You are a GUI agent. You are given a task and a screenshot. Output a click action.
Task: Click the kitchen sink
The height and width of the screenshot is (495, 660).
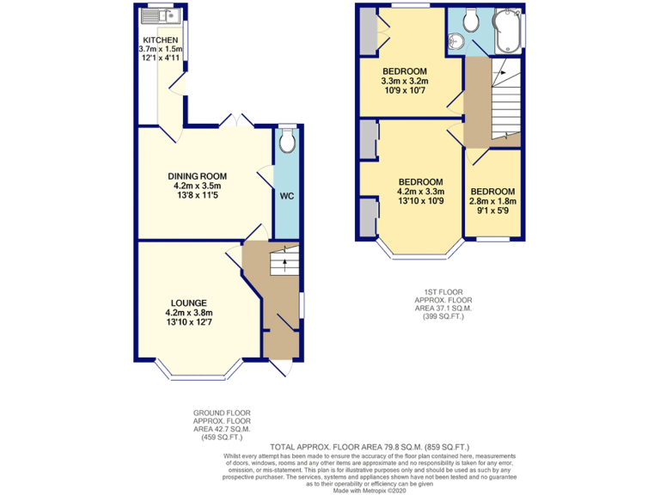160,15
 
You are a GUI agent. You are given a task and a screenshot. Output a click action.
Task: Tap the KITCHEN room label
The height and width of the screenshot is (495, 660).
161,40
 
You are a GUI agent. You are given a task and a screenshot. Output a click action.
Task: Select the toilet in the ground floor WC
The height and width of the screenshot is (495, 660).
286,139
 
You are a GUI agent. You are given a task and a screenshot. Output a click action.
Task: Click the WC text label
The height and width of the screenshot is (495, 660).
286,196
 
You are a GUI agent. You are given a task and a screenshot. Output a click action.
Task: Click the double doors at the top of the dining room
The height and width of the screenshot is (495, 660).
234,122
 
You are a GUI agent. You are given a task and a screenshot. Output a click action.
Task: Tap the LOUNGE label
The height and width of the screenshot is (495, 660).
188,302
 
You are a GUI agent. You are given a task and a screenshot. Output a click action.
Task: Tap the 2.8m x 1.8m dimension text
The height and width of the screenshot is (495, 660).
492,201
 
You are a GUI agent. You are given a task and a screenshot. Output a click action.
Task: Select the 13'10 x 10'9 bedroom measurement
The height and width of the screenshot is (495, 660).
420,201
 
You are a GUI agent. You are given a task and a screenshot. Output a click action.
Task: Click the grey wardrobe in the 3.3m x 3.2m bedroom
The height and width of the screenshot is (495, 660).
369,28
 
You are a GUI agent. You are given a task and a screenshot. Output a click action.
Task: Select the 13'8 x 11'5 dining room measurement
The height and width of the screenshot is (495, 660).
197,195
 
